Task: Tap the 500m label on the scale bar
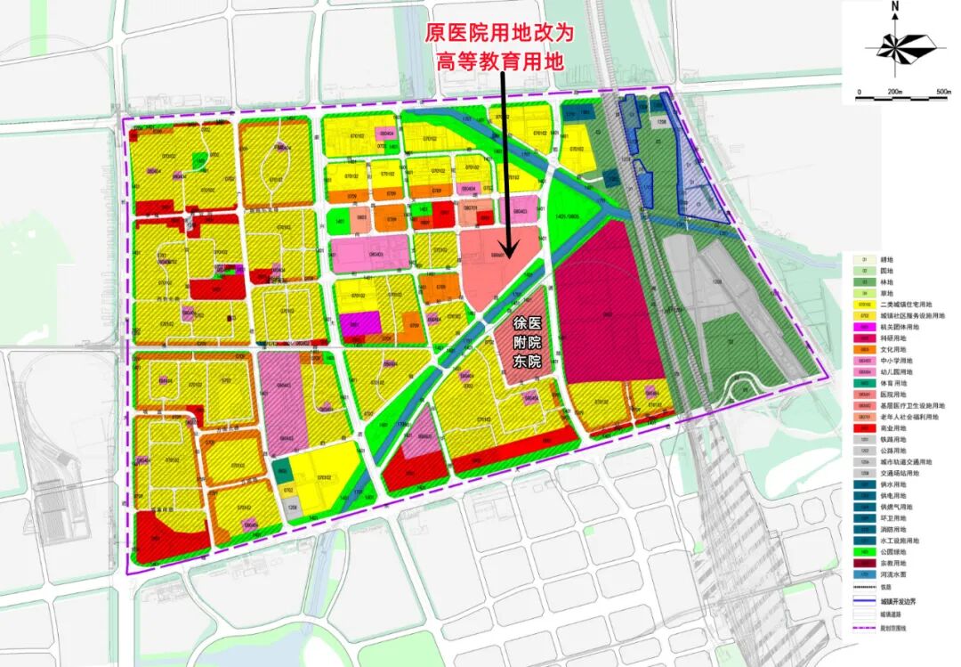click(941, 93)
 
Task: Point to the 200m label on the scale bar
click(895, 93)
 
